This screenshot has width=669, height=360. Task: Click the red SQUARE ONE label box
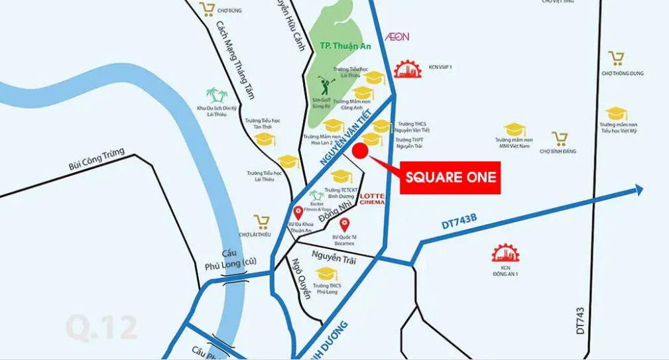(x=450, y=178)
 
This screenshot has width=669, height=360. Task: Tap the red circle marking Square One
(x=359, y=151)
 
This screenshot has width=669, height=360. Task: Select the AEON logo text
(x=397, y=37)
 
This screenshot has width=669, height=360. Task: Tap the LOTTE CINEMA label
(x=372, y=199)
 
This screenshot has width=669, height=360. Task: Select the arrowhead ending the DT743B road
(x=638, y=190)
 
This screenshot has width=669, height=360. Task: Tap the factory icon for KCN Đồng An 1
(x=505, y=253)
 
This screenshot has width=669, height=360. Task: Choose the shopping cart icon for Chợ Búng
(x=208, y=9)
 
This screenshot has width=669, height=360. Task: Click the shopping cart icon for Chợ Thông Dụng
(x=617, y=59)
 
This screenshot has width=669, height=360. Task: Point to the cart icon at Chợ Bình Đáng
(x=560, y=139)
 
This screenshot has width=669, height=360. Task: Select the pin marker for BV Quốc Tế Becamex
(x=344, y=224)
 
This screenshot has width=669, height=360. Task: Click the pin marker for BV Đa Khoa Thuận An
(x=298, y=213)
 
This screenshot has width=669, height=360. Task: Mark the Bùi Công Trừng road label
(x=96, y=165)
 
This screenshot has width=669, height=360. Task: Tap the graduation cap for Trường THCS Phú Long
(x=326, y=273)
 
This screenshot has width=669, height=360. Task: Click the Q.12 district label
(x=101, y=328)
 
